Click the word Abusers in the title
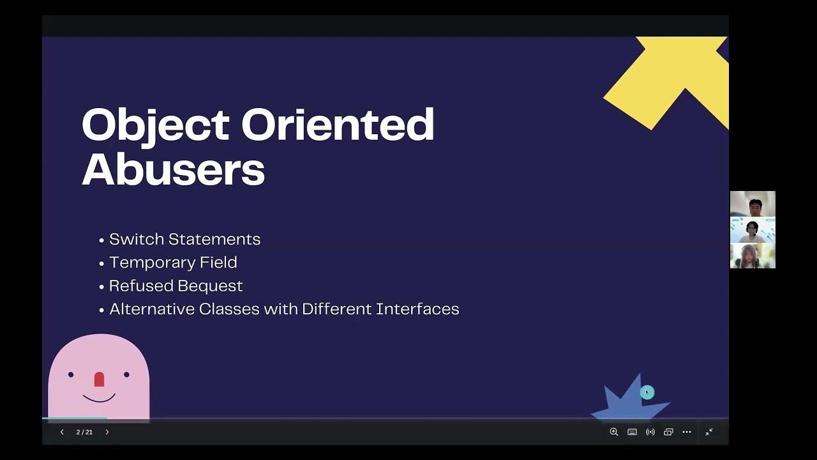point(173,170)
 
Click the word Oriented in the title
point(338,125)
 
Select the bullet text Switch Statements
point(184,239)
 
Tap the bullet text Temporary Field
point(173,263)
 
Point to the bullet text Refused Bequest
point(176,286)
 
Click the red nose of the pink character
point(99,379)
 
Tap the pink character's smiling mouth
point(99,399)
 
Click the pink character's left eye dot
point(71,374)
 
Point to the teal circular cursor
point(647,392)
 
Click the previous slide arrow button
point(62,433)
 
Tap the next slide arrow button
point(107,433)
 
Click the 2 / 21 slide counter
point(84,433)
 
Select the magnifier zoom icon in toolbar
point(614,433)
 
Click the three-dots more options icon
point(687,433)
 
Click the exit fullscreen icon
point(709,433)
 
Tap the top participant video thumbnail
point(753,204)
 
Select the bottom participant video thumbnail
point(753,256)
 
